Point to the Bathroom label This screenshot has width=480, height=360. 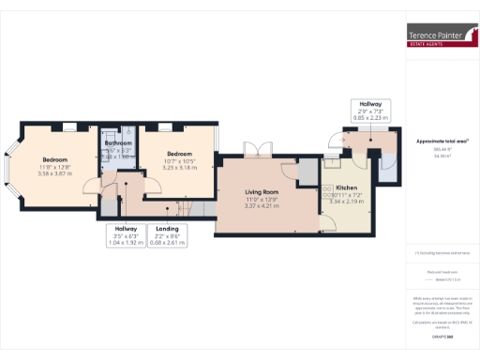[x=117, y=143]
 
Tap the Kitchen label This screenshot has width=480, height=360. [x=347, y=187]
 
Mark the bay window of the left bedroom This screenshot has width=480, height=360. [x=10, y=168]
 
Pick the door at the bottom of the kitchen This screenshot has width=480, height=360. [x=328, y=225]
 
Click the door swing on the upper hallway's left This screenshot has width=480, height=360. [x=334, y=141]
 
